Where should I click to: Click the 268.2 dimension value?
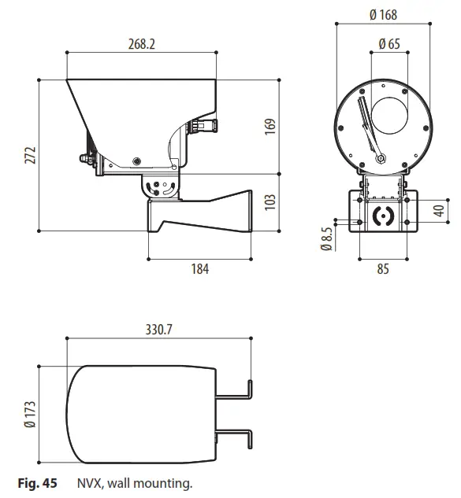point(141,45)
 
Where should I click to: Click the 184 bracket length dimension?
point(200,269)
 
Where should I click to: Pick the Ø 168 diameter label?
point(383,15)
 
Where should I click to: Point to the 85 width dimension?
point(383,269)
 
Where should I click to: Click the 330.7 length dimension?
point(158,330)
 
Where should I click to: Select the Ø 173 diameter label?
point(30,414)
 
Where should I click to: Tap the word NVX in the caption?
point(88,483)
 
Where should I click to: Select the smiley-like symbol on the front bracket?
point(383,216)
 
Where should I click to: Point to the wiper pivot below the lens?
point(381,159)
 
